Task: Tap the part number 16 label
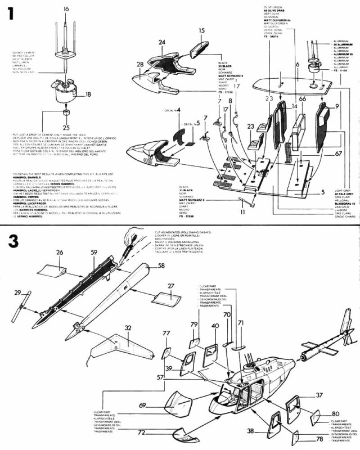pyautogui.click(x=66, y=9)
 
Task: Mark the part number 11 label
pyautogui.click(x=242, y=213)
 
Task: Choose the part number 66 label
pyautogui.click(x=302, y=99)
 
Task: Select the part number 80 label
pyautogui.click(x=335, y=413)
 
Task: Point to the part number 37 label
pyautogui.click(x=335, y=395)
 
